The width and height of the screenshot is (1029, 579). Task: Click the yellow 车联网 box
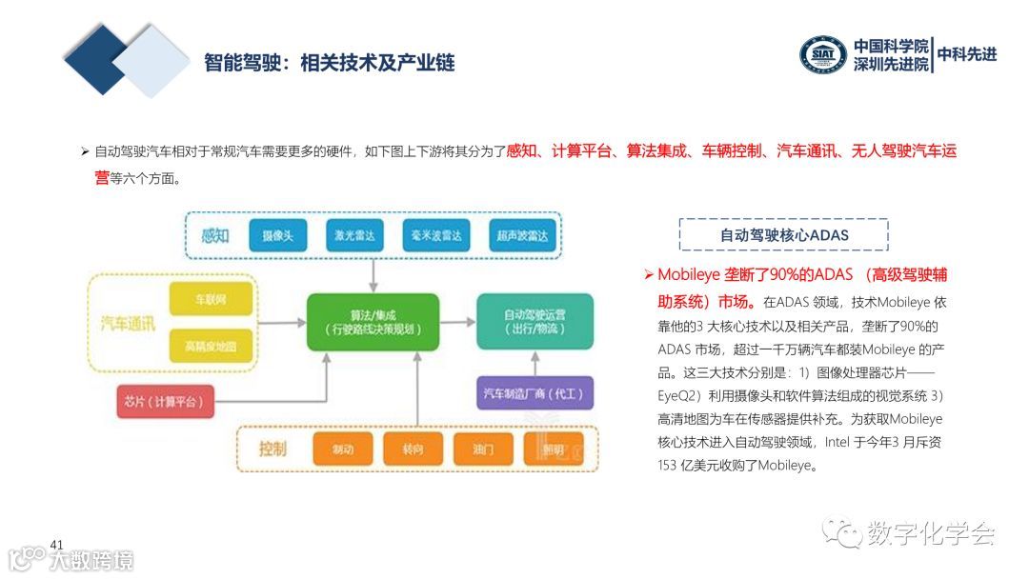coord(211,300)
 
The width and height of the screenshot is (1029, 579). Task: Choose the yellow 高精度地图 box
coord(211,345)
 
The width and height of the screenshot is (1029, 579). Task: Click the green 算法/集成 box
coord(373,322)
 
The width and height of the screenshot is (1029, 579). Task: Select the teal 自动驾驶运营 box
coord(535,321)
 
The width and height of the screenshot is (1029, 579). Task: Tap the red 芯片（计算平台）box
coord(165,402)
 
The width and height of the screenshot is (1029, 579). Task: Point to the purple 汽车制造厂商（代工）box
coord(535,392)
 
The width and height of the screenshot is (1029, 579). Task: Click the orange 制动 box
coord(343,449)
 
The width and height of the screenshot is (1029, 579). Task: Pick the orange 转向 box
coord(413,449)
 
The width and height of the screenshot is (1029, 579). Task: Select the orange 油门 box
coord(482,449)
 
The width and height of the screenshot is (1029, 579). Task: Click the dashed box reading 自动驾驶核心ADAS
coord(783,234)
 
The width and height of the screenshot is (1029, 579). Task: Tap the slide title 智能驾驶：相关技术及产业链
coord(330,63)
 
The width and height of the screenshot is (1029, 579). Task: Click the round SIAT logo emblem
coord(822,54)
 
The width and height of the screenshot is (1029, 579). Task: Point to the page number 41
coord(56,545)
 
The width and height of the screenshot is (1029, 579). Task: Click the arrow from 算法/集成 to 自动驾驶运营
coord(458,322)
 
